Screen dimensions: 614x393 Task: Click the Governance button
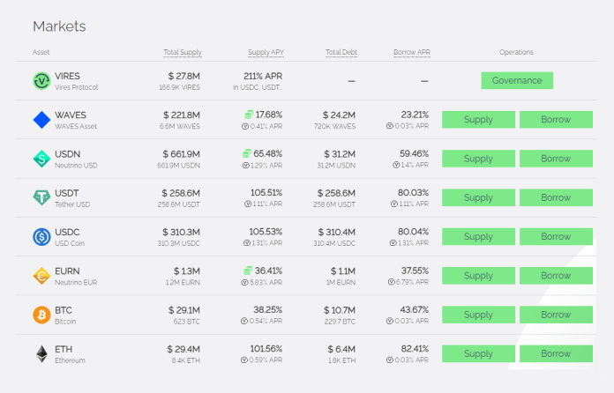coord(517,80)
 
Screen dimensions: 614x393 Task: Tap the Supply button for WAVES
coord(478,119)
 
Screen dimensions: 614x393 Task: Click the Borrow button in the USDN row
coord(556,159)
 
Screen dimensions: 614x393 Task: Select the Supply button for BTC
coord(478,315)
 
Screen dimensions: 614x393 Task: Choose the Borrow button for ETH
coord(556,353)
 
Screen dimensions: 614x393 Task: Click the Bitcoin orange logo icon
coord(41,315)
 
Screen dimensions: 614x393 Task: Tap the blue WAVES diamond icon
coord(41,120)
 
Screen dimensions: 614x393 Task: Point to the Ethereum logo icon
coord(41,354)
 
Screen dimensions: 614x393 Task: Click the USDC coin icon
coord(41,236)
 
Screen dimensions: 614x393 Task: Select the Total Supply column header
coord(183,52)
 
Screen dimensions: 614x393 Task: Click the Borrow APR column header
coord(412,52)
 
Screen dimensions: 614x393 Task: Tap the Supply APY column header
coord(266,52)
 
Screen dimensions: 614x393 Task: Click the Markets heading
coord(59,26)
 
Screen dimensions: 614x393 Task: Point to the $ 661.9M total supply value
coord(182,154)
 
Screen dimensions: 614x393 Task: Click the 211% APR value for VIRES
coord(263,76)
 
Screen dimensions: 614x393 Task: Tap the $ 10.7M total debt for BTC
coord(340,310)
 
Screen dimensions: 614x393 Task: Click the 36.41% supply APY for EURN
coord(268,271)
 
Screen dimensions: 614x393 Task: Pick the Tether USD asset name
coord(72,204)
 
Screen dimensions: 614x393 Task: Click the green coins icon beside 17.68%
coord(249,115)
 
